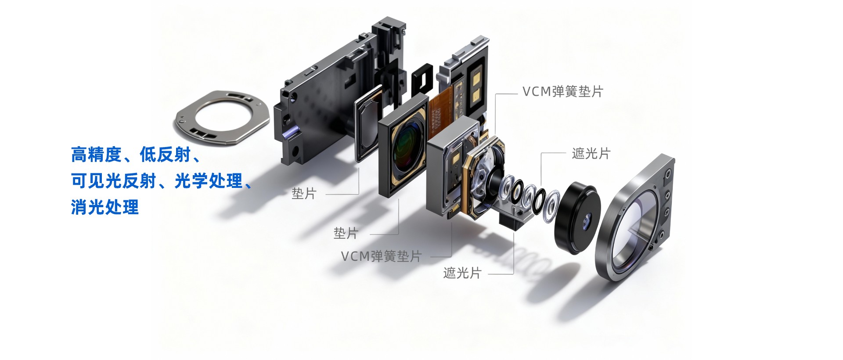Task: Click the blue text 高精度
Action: [96, 155]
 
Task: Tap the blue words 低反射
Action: [165, 155]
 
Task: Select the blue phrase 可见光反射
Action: [113, 180]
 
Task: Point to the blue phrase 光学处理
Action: [209, 180]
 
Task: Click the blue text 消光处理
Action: [105, 207]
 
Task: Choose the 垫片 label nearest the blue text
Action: [304, 193]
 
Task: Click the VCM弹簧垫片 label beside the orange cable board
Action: [563, 92]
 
